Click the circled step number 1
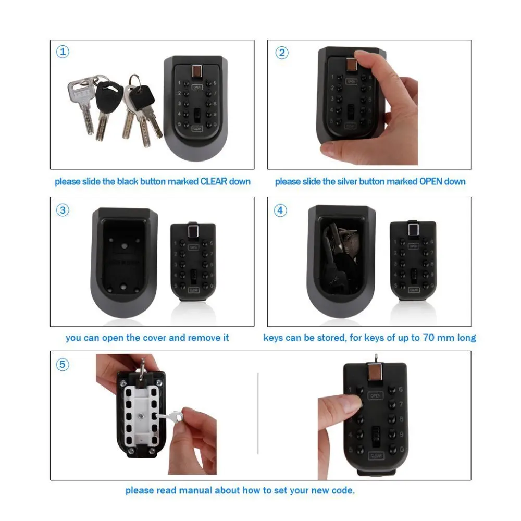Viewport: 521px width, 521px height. click(x=63, y=52)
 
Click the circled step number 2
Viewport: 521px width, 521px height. click(x=282, y=53)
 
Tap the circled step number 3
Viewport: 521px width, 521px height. click(x=63, y=210)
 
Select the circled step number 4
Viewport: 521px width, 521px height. click(x=281, y=210)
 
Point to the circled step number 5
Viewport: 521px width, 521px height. click(x=63, y=364)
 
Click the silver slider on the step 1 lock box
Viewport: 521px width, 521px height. click(x=197, y=70)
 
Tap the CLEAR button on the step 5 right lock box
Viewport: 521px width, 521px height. click(x=377, y=456)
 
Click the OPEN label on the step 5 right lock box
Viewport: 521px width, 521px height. click(x=376, y=395)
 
